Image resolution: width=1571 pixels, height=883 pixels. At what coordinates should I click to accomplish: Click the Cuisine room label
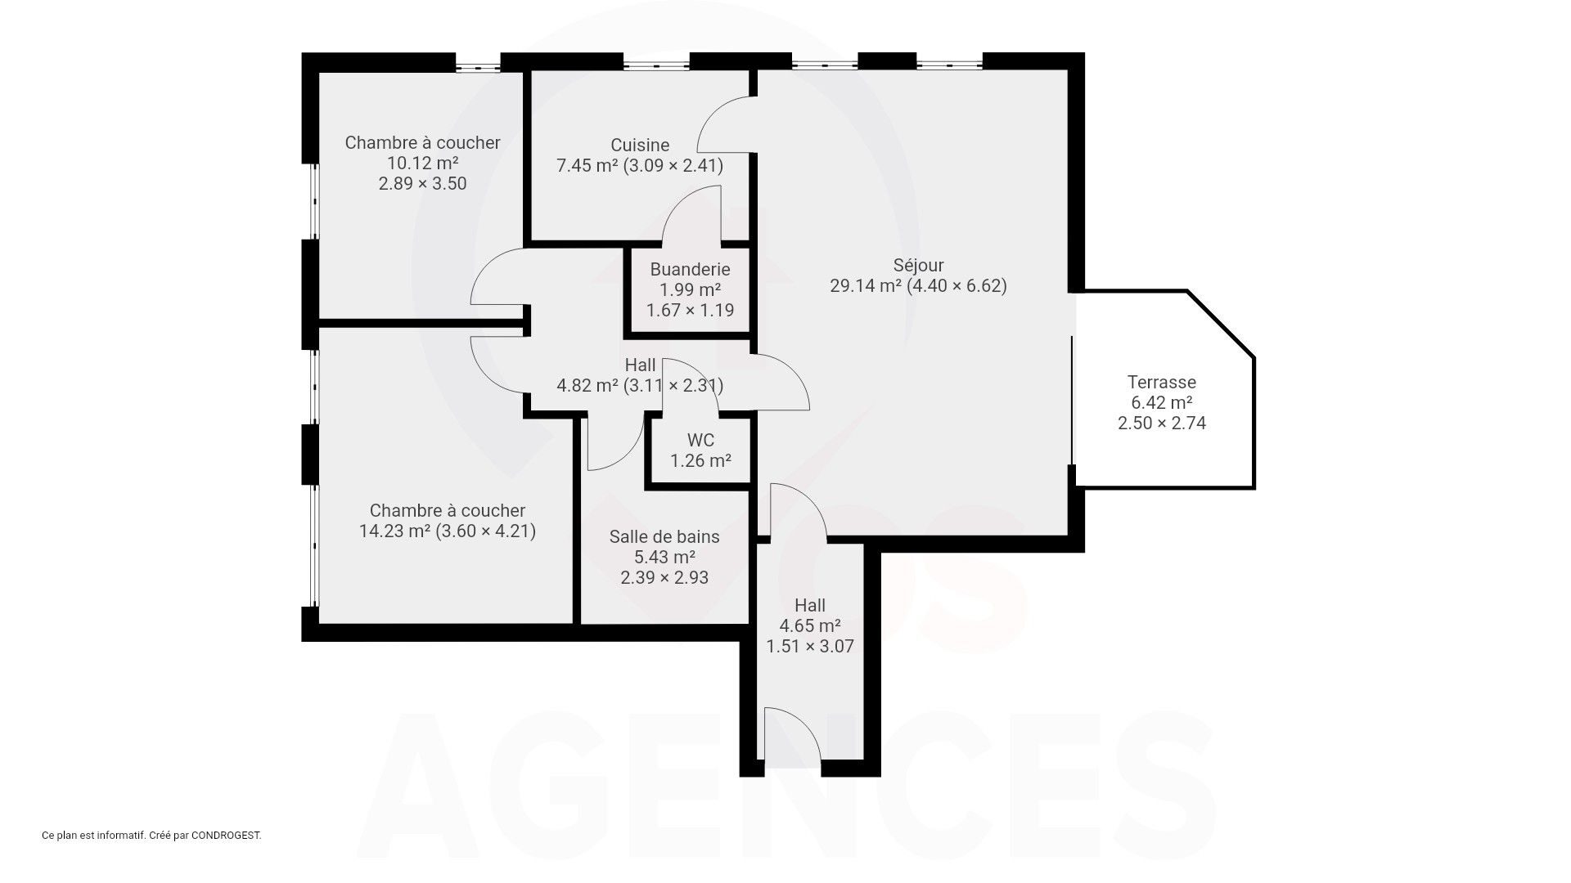640,145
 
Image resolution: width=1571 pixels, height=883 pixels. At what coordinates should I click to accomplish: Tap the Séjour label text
918,265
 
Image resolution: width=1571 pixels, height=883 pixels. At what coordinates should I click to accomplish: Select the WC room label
700,440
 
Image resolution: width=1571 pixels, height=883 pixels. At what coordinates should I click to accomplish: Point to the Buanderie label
690,269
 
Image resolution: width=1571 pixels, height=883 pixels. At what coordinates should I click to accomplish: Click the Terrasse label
1161,382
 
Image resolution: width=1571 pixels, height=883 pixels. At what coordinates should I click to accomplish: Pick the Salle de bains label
664,536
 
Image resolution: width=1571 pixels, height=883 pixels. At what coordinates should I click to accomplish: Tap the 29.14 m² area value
866,285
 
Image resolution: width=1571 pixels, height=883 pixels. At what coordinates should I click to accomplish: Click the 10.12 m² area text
422,163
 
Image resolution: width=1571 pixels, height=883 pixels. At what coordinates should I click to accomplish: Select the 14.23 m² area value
395,531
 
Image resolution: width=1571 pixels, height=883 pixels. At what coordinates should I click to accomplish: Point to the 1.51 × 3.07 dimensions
809,646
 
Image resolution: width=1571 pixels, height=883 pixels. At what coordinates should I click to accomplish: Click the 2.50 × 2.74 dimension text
1161,423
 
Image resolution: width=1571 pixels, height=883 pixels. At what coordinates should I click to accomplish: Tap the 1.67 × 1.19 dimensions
690,310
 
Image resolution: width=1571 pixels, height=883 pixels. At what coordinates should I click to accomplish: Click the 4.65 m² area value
809,625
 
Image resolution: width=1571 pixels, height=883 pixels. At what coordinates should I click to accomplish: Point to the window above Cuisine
656,63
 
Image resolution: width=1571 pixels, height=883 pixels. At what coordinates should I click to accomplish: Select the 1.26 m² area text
700,460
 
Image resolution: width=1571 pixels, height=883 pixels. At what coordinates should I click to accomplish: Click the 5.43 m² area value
664,557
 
